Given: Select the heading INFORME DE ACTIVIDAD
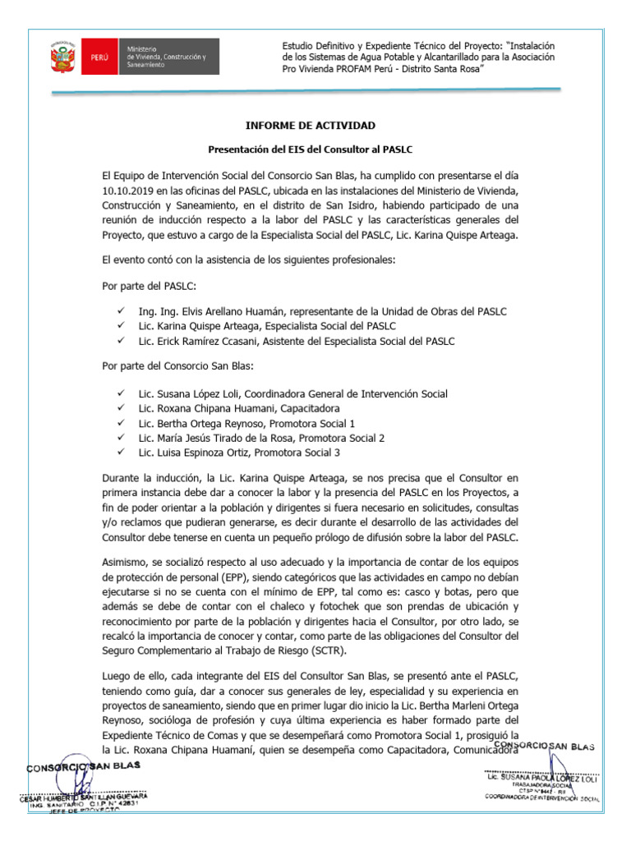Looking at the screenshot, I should click(x=311, y=126).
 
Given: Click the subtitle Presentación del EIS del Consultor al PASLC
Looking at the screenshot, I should click(x=311, y=149).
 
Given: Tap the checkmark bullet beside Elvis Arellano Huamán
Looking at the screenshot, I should click(x=121, y=311).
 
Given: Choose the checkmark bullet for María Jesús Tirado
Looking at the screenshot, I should click(x=121, y=438).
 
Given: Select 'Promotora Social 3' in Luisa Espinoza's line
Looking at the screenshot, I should click(x=299, y=453).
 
